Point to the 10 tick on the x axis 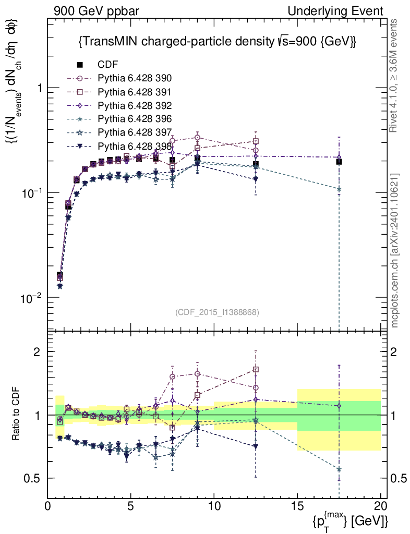click(x=214, y=506)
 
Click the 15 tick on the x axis click(x=297, y=506)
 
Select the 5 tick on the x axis click(x=131, y=506)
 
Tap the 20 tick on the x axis click(x=380, y=506)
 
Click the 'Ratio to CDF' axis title click(x=17, y=415)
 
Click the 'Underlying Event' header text click(x=344, y=11)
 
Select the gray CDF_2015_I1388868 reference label click(x=217, y=312)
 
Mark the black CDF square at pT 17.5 click(x=339, y=162)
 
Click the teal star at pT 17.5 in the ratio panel click(x=339, y=469)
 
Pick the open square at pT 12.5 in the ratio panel click(x=256, y=370)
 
